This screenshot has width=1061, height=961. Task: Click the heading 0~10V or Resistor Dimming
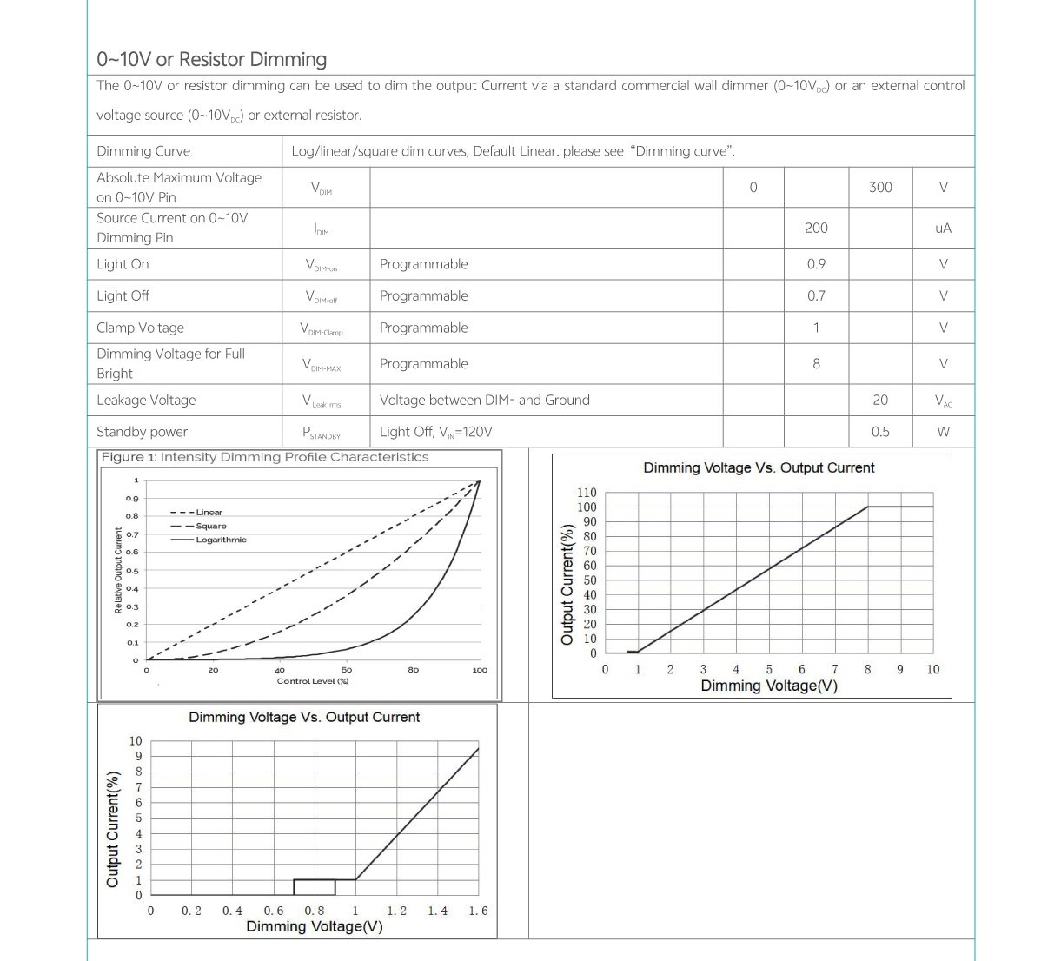tap(212, 60)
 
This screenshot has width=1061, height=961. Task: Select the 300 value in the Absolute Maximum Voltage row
tap(880, 188)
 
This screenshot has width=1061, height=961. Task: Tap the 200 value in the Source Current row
tap(816, 228)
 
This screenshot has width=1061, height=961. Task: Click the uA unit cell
tap(943, 229)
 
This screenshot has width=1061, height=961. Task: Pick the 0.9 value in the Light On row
tap(816, 264)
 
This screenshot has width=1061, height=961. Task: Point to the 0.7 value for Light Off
tap(816, 296)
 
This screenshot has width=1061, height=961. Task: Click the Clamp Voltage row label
tap(141, 328)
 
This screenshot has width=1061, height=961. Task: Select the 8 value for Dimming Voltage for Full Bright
tap(816, 364)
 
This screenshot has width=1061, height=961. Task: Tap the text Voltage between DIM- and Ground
tap(484, 401)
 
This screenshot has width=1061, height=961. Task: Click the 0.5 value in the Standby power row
tap(880, 432)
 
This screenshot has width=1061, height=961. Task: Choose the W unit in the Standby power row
tap(943, 432)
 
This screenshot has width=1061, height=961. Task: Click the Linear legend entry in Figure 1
tap(209, 513)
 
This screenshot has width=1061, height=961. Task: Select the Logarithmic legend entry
tap(221, 540)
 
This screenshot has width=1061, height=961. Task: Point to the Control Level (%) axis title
tap(313, 681)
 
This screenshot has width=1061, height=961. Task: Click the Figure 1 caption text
tap(265, 457)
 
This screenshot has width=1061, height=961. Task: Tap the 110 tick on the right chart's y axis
tap(587, 493)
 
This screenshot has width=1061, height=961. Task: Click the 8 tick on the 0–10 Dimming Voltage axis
tap(867, 670)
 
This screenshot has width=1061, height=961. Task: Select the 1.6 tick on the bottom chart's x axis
tap(478, 911)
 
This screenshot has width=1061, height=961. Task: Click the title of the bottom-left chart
tap(304, 718)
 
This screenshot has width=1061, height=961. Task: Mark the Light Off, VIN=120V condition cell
tap(436, 432)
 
